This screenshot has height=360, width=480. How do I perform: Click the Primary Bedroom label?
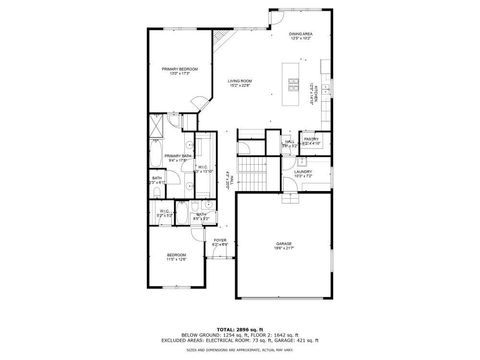coord(180,68)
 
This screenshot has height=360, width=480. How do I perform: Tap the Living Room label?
coord(238,81)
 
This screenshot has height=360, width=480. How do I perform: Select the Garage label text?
coord(283,243)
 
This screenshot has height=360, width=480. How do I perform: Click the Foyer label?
coord(220,240)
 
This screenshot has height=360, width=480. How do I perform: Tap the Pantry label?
coord(311,139)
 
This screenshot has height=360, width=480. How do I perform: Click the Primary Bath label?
coord(178,155)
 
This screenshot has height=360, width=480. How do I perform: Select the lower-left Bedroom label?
coord(176,255)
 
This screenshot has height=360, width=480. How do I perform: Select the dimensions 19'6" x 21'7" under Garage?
coord(283,249)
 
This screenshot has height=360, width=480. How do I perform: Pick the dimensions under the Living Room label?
coord(238,87)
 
